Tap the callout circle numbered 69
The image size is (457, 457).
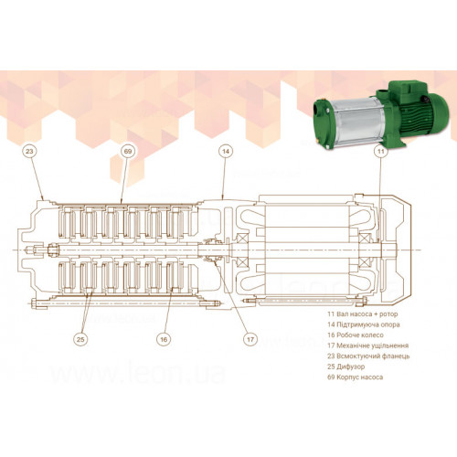[128, 151]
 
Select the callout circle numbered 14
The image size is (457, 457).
[226, 151]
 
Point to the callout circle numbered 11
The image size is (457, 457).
[381, 151]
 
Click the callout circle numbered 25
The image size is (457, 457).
[80, 339]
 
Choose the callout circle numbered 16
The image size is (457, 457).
[164, 339]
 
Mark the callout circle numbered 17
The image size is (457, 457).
[250, 339]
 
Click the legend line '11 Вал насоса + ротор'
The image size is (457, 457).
[363, 314]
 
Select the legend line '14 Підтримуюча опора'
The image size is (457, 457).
[364, 324]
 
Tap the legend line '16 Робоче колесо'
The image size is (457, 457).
[356, 335]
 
